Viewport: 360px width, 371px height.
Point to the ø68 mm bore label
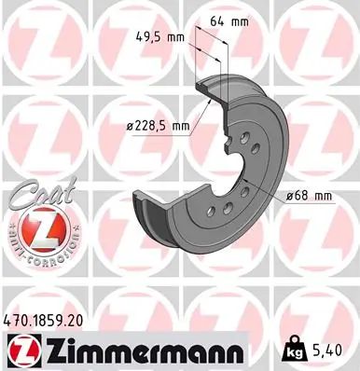310,195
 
